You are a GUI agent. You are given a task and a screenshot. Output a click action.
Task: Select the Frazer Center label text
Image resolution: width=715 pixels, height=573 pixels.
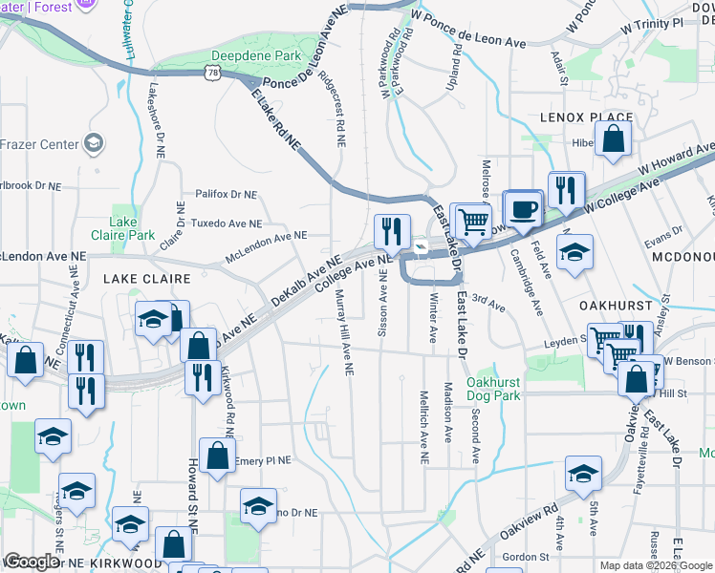pyautogui.click(x=38, y=144)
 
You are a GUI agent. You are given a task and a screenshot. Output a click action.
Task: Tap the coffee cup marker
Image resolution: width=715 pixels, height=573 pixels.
pyautogui.click(x=522, y=211)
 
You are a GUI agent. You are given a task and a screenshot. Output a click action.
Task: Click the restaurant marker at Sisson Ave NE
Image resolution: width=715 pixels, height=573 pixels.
pyautogui.click(x=392, y=231)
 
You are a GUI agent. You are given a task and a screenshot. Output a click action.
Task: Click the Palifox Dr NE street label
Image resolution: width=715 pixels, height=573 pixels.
pyautogui.click(x=226, y=194)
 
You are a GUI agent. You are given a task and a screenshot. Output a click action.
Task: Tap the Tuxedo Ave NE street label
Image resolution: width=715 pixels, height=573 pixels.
pyautogui.click(x=227, y=223)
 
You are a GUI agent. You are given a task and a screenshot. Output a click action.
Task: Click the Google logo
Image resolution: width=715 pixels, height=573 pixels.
pyautogui.click(x=32, y=562)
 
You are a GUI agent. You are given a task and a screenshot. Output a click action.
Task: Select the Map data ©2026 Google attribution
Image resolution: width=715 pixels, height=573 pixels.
pyautogui.click(x=656, y=565)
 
